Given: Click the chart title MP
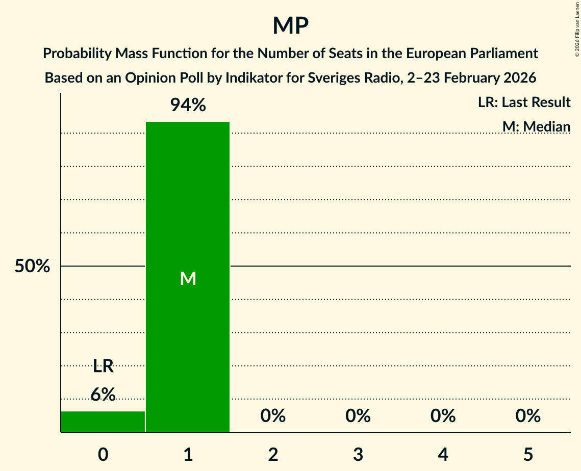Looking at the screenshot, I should click(x=290, y=25).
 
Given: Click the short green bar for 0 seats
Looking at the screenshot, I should click(x=103, y=422).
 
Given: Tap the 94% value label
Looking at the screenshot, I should click(x=188, y=106).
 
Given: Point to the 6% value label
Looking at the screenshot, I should click(x=103, y=395).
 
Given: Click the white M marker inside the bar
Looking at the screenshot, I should click(x=188, y=278).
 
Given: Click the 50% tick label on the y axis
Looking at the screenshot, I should click(x=32, y=266).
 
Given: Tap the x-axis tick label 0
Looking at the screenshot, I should click(x=103, y=454).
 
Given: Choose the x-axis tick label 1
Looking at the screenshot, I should click(x=188, y=454).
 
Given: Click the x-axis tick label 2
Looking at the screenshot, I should click(x=273, y=454).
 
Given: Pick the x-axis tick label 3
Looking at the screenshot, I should click(x=358, y=454).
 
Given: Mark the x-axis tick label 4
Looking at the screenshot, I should click(x=443, y=454).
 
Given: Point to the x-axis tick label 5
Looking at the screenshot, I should click(x=528, y=454).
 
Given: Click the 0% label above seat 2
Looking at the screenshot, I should click(x=273, y=416).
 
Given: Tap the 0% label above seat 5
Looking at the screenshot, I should click(x=528, y=416).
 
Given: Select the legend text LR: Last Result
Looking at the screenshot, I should click(x=524, y=102).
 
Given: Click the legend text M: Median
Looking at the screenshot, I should click(x=536, y=126).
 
